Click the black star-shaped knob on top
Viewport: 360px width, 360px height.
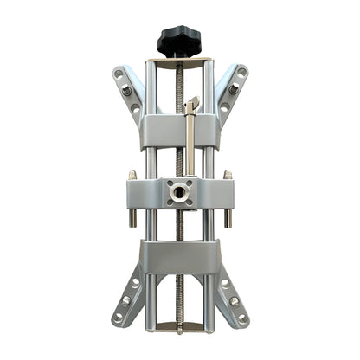(179, 40)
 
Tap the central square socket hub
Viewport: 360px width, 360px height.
(179, 192)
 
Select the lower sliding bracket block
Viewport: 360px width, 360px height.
(179, 257)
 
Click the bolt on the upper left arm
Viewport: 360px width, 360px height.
(127, 90)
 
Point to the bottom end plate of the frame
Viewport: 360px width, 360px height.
(179, 328)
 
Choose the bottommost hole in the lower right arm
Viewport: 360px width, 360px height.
(242, 317)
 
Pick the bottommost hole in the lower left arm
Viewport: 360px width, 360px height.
(117, 317)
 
